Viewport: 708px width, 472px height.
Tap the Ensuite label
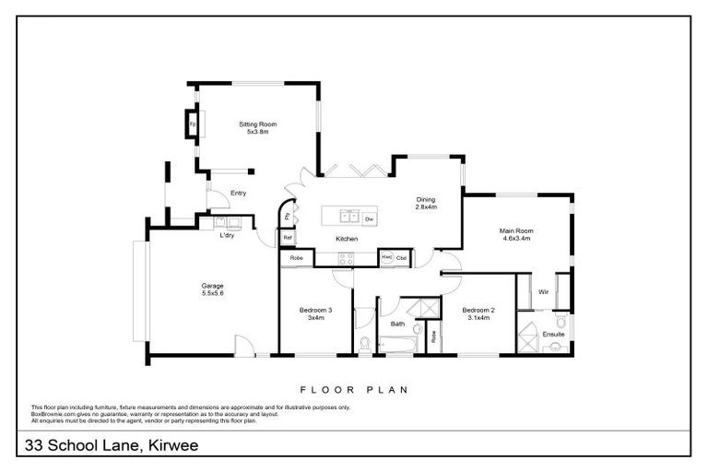pos(553,334)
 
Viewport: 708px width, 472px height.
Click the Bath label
pos(398,324)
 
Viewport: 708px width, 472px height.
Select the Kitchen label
pos(346,240)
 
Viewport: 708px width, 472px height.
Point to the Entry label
pos(238,193)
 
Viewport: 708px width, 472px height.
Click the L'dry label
pos(227,236)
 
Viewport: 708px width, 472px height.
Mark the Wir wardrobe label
pos(544,292)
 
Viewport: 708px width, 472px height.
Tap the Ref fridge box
pos(288,238)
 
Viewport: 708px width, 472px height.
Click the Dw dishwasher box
pos(368,218)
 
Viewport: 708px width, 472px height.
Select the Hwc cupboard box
pos(387,257)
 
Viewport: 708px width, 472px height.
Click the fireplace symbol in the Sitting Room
pos(193,124)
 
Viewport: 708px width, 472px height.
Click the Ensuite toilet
pos(555,348)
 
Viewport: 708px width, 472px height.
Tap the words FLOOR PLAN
pos(354,390)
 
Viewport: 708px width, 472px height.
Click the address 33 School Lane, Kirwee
pos(107,446)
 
